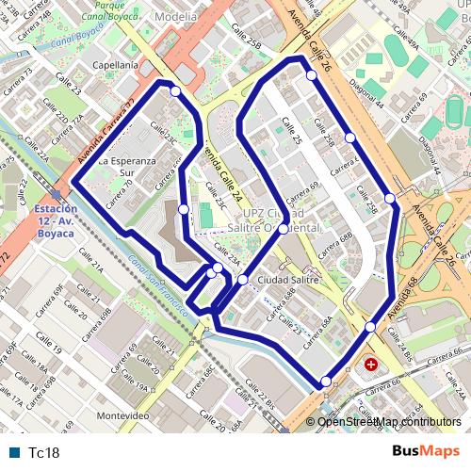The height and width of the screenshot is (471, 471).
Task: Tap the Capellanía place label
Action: tap(116, 65)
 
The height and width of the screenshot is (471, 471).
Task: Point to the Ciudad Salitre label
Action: tap(288, 280)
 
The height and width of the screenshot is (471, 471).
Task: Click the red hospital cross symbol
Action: tap(371, 364)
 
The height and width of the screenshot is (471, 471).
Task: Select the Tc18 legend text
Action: tap(44, 453)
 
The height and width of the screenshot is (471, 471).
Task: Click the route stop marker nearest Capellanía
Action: tap(176, 91)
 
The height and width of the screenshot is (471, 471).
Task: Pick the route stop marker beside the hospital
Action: tap(370, 327)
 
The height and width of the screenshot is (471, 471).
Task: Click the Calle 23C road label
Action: tap(163, 133)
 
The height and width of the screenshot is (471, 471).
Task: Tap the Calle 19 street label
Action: tap(50, 349)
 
